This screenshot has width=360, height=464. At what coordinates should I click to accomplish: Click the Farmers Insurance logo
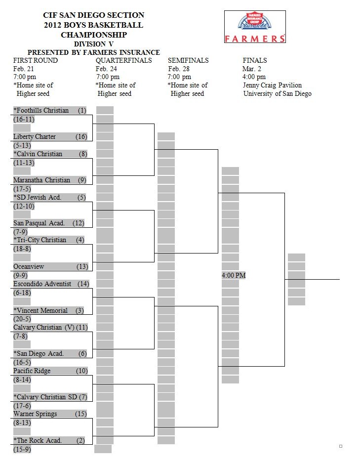[x=255, y=27]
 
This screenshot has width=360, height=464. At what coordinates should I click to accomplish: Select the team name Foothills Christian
[x=41, y=110]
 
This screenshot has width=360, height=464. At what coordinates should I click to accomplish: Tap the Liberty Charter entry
[x=34, y=136]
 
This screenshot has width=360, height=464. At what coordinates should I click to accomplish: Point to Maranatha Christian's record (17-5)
[x=22, y=189]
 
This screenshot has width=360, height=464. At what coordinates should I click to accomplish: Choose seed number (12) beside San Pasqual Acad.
[x=79, y=223]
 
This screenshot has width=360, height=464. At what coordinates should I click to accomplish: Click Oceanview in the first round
[x=29, y=266]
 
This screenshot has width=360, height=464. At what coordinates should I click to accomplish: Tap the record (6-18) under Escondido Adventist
[x=22, y=293]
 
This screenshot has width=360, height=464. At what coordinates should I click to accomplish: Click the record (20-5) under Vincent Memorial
[x=22, y=319]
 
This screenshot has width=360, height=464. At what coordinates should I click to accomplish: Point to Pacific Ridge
[x=32, y=371]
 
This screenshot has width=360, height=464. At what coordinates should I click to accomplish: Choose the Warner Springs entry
[x=35, y=414]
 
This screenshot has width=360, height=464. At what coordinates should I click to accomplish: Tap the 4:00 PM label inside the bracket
[x=234, y=275]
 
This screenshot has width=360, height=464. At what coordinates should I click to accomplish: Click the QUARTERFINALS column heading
[x=123, y=60]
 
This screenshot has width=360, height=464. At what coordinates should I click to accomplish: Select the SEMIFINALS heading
[x=188, y=60]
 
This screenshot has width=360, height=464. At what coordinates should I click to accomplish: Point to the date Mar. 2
[x=252, y=69]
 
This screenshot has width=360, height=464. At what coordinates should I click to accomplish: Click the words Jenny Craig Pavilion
[x=273, y=85]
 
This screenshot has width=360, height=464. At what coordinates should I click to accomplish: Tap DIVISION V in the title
[x=94, y=44]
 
